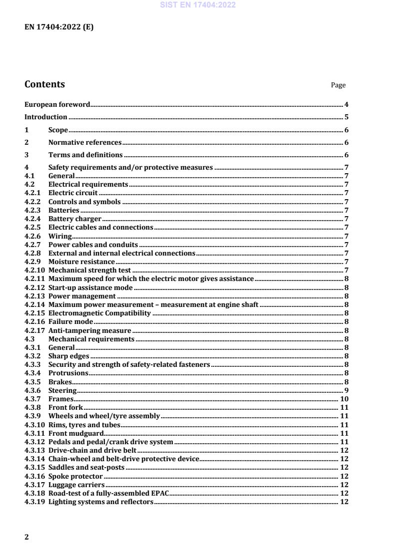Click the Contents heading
(x=44, y=84)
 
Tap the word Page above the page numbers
(x=338, y=85)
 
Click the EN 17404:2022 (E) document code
(x=59, y=27)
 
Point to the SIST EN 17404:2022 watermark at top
(x=198, y=5)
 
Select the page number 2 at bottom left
(x=27, y=537)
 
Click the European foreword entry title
(x=57, y=105)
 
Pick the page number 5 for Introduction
(x=346, y=117)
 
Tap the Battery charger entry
(x=75, y=219)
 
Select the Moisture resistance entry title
(x=81, y=262)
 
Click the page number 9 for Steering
(x=346, y=390)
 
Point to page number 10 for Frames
(x=344, y=399)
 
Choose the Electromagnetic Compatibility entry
(x=99, y=313)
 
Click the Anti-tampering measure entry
(x=89, y=330)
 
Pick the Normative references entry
(x=85, y=143)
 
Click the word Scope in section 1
(x=58, y=130)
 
